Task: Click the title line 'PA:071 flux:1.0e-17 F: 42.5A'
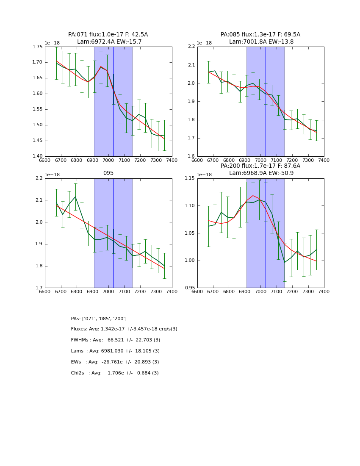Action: (x=108, y=35)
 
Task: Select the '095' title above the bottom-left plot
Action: (x=108, y=173)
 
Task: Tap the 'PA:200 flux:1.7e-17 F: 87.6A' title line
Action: (x=260, y=166)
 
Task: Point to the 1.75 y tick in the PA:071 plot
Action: (x=37, y=47)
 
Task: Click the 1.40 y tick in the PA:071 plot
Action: (x=37, y=156)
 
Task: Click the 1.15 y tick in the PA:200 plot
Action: (x=189, y=178)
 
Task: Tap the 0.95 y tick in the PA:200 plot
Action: (x=189, y=288)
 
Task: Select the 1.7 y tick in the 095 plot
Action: (x=39, y=288)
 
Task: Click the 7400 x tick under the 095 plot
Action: (x=172, y=291)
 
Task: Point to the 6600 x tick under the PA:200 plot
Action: (x=197, y=291)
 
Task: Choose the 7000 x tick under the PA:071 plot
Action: (x=108, y=160)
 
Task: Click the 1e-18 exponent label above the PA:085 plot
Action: (x=204, y=43)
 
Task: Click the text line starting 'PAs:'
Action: (x=99, y=319)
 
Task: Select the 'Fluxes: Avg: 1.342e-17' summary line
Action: (x=124, y=329)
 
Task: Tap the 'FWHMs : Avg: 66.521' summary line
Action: (x=115, y=340)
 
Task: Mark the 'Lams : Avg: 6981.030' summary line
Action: (x=115, y=351)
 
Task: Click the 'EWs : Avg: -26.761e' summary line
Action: (x=115, y=362)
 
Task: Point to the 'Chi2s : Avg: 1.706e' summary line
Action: (x=115, y=373)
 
